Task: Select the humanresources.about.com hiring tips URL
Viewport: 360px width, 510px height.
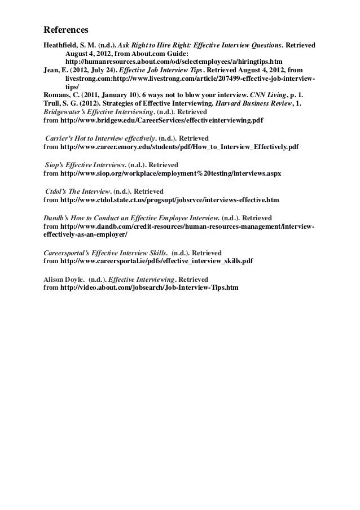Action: [174, 61]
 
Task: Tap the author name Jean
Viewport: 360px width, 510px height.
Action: [53, 69]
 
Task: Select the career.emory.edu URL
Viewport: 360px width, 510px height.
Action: [179, 147]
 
